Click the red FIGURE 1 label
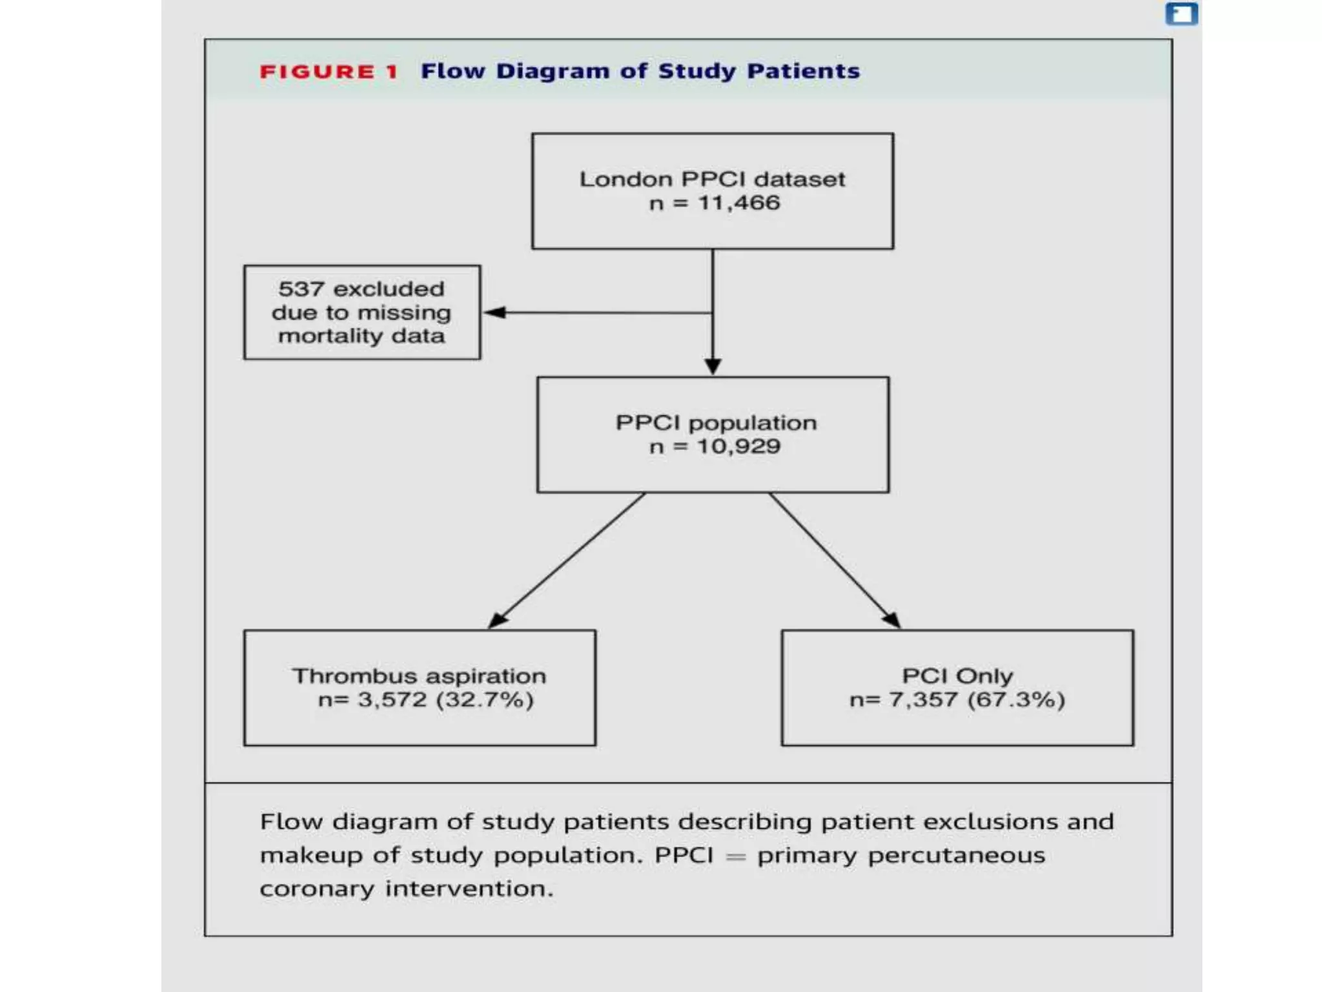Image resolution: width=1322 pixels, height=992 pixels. coord(329,72)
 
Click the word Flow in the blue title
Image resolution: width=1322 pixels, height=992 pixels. coord(453,71)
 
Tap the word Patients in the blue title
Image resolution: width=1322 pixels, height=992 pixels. coord(803,71)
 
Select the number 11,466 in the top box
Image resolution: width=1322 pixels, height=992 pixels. coord(738,203)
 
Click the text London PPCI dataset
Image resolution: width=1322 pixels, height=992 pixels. coord(712,179)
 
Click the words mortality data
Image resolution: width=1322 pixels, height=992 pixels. coord(361,336)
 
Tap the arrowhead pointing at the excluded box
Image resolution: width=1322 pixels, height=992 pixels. coord(494,313)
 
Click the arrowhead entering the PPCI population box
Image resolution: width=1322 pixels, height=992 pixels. coord(713,366)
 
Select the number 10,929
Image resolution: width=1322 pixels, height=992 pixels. coord(738,446)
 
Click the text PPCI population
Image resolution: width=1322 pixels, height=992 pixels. coord(716,423)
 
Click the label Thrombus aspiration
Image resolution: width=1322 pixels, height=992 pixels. coord(419,676)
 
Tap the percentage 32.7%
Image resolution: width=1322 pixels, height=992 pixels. coord(485,700)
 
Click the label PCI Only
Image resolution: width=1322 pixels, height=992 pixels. coord(957,676)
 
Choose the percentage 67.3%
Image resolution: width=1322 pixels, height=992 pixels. coord(1016,700)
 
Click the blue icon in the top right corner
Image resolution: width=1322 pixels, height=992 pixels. coord(1181,14)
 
